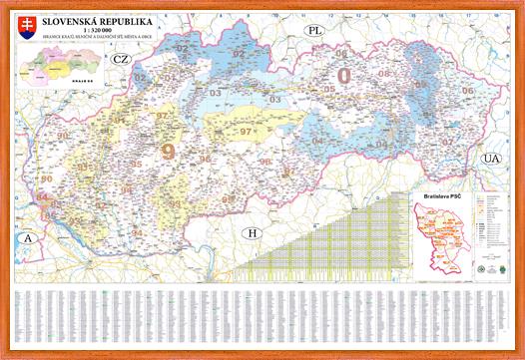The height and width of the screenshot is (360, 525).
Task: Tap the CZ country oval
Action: pos(121,60)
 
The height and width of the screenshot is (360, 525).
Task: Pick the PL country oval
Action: pos(316,31)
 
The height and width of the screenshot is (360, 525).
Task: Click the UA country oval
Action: pos(490,159)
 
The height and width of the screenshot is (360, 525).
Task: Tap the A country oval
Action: pos(30,239)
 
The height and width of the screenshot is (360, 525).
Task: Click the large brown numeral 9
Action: pos(167,152)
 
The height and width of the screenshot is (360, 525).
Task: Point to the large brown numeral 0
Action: pos(345,76)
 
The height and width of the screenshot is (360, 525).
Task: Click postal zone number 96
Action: pos(204,158)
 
